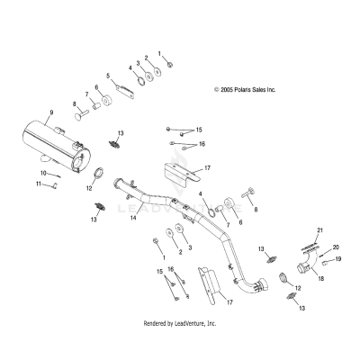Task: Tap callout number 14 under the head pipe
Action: click(132, 218)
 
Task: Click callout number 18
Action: click(319, 280)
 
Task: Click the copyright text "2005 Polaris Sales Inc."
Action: click(245, 90)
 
